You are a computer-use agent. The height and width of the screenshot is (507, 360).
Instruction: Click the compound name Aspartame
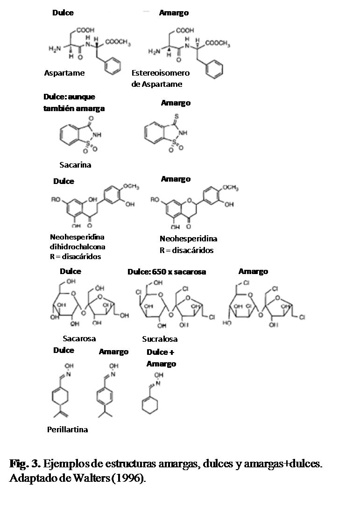click(64, 73)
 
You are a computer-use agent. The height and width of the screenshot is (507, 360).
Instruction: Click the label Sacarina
click(75, 165)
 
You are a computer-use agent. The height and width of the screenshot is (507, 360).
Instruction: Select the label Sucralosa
click(160, 339)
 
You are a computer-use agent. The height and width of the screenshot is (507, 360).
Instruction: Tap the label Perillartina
click(67, 430)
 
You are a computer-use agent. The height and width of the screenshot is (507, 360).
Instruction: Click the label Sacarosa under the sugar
click(79, 338)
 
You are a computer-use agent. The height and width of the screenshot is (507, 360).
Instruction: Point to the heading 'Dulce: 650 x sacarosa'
click(167, 272)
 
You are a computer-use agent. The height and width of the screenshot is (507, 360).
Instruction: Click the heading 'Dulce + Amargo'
click(161, 358)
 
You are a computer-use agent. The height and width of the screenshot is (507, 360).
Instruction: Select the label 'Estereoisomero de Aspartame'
click(160, 78)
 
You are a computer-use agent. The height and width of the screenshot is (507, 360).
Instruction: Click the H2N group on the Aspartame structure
click(55, 49)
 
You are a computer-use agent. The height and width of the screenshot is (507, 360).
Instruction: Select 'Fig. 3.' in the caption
click(25, 465)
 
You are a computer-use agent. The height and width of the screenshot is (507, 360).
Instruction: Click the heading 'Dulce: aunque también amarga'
click(74, 103)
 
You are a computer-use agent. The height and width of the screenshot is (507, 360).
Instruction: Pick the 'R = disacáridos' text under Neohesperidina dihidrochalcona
click(75, 256)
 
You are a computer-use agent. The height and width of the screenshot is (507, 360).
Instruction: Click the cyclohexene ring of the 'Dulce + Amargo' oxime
click(149, 404)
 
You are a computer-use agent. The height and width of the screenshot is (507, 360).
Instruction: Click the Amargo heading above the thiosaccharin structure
click(176, 103)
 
